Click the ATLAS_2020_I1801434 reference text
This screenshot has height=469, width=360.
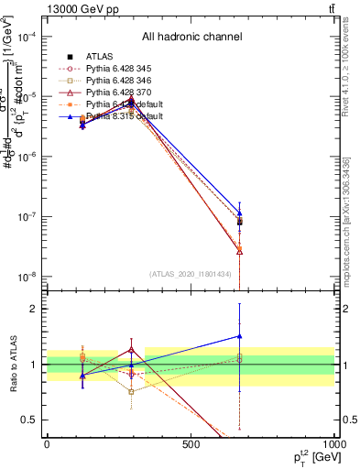(x=190, y=274)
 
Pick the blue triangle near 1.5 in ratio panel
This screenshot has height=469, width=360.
(x=239, y=336)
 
